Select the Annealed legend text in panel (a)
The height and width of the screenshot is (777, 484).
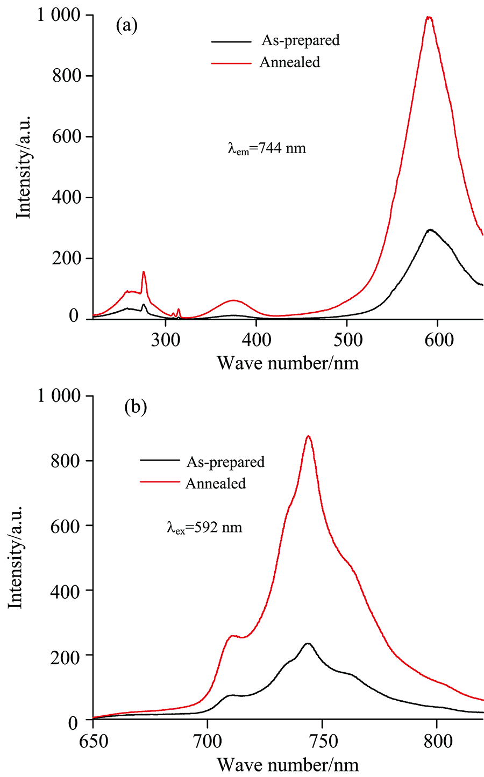click(x=289, y=62)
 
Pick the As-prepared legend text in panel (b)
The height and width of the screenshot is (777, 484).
click(x=225, y=462)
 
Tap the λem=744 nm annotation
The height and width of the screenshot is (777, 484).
click(x=267, y=148)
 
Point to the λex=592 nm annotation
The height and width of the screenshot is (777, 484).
click(x=204, y=528)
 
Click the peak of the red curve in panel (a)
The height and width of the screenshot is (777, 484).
click(x=429, y=17)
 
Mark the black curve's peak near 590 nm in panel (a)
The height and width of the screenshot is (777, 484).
click(x=429, y=230)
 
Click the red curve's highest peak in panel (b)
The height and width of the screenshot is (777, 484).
click(x=308, y=436)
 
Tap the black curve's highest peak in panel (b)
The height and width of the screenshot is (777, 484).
click(x=308, y=643)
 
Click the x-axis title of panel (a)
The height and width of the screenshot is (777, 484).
click(x=288, y=363)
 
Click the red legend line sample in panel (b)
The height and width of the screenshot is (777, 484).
click(x=159, y=483)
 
